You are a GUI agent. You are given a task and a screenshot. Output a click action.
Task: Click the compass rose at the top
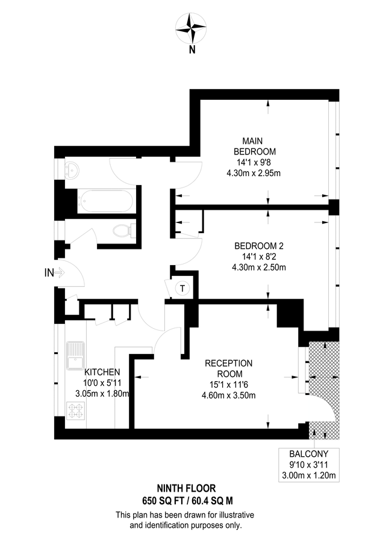(x=191, y=28)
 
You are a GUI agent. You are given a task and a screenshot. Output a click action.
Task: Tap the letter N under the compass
(x=191, y=50)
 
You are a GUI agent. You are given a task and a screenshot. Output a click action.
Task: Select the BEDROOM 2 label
(x=259, y=245)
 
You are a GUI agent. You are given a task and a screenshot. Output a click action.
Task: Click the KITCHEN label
(x=102, y=372)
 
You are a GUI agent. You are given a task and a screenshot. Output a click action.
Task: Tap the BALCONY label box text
(x=308, y=455)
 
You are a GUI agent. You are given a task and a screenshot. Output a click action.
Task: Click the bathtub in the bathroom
(x=106, y=200)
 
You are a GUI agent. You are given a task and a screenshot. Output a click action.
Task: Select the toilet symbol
(x=123, y=230)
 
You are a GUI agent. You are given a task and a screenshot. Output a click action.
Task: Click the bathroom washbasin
(x=72, y=170)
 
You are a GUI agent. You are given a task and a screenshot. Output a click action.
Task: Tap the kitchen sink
(x=76, y=355)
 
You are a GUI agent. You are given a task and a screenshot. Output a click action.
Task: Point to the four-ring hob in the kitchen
(x=77, y=411)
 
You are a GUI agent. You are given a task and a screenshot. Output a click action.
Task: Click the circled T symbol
(x=182, y=289)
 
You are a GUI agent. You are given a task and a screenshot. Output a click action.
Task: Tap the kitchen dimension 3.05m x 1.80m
(x=102, y=394)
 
